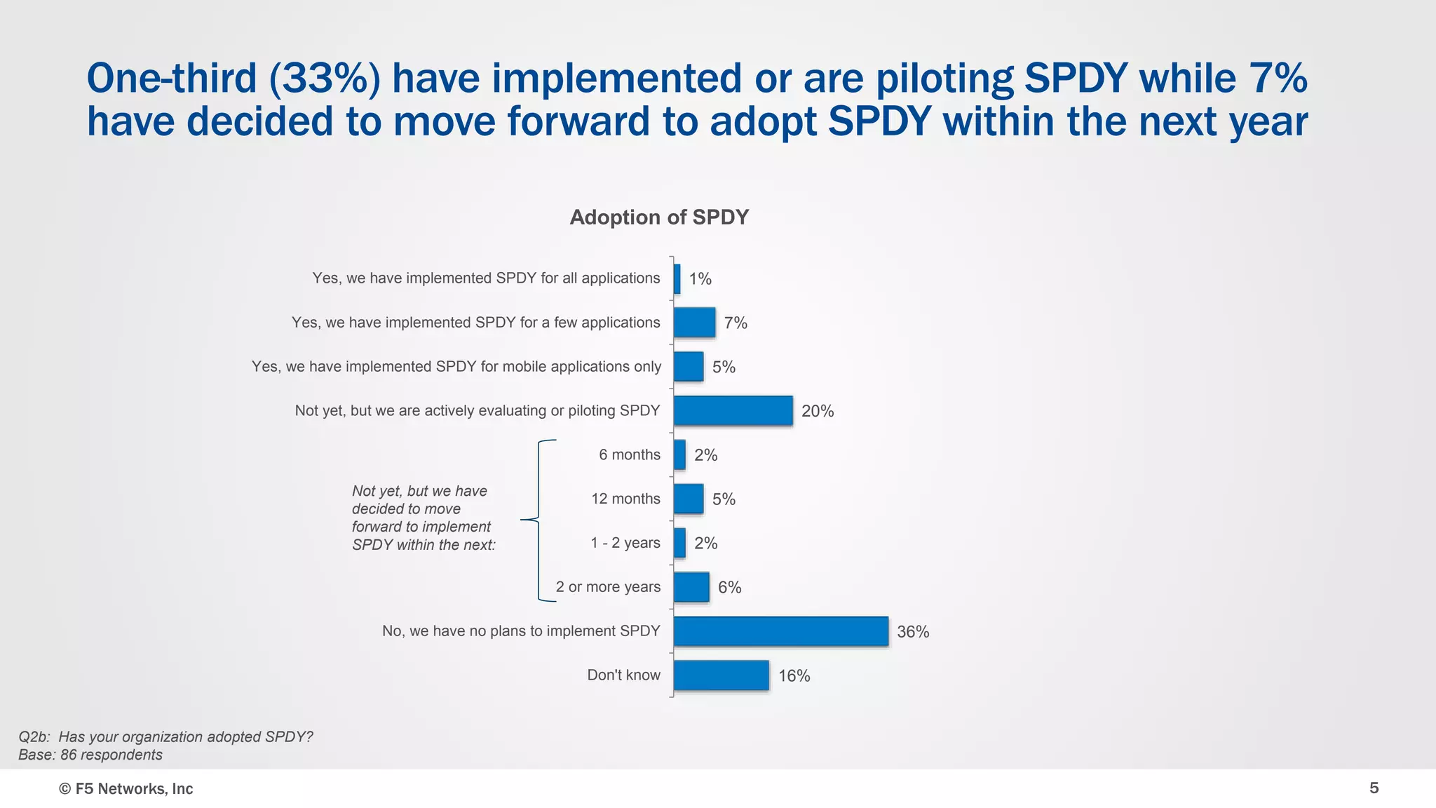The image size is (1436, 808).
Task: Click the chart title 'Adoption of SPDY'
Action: click(x=659, y=217)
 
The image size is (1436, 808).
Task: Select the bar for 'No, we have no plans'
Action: click(x=780, y=631)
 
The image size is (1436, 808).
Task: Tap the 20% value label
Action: click(x=818, y=411)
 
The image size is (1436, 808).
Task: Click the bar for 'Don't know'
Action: click(x=721, y=675)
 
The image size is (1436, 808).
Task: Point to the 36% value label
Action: click(x=913, y=632)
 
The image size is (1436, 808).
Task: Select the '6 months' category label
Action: click(x=629, y=454)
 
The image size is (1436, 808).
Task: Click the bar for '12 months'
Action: click(x=689, y=499)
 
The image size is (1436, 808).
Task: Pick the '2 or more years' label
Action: click(x=608, y=587)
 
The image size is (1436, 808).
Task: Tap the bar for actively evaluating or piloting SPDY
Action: click(x=733, y=411)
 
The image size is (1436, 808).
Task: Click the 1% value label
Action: click(x=700, y=279)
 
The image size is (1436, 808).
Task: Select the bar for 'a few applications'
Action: click(x=694, y=323)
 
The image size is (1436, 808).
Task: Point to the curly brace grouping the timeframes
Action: click(x=538, y=520)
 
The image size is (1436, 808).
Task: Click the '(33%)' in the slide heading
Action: click(x=325, y=78)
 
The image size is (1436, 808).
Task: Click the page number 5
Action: click(x=1374, y=788)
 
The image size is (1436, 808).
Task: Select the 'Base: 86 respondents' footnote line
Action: click(x=90, y=755)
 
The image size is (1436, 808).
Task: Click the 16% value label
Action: click(x=794, y=676)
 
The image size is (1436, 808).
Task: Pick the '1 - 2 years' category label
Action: click(x=625, y=543)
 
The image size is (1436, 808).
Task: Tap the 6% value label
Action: click(x=729, y=588)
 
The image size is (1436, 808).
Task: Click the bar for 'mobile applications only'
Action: click(x=689, y=367)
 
